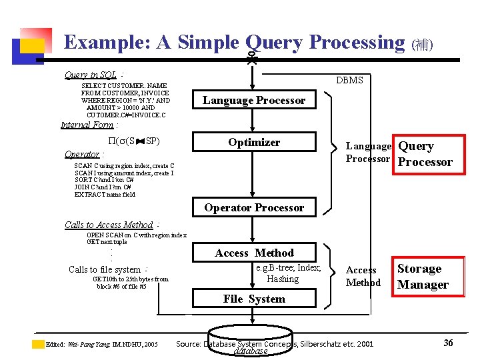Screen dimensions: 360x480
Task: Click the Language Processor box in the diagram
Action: pos(254,101)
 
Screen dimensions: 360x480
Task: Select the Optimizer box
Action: pos(254,143)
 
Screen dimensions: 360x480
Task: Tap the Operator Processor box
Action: pos(254,207)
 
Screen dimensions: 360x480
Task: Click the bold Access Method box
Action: pos(254,253)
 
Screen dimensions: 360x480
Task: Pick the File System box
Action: pos(254,299)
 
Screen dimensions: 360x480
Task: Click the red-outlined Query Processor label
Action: pos(425,154)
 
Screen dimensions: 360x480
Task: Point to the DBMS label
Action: pos(349,80)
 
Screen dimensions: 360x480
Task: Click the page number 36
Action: pos(448,343)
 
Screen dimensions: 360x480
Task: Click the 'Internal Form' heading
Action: pos(87,125)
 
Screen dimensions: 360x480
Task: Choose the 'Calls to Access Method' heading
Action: pos(109,225)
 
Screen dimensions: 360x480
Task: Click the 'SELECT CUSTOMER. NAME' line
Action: pos(123,86)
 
